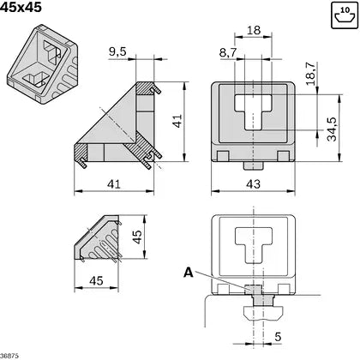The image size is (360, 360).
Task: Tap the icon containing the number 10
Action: point(343,15)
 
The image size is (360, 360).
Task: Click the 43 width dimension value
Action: point(255,185)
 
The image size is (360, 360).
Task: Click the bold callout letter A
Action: point(188,273)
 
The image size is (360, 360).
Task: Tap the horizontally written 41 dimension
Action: point(112,184)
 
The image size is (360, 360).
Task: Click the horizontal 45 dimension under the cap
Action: point(96,279)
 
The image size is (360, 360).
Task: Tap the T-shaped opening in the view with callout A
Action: point(253,243)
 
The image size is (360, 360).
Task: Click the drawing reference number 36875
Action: point(10,354)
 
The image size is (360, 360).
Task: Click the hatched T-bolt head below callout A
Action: point(254,293)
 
